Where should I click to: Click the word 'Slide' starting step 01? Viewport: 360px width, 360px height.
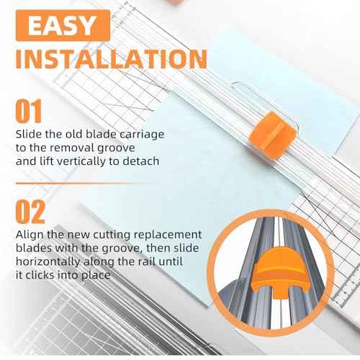30,134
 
